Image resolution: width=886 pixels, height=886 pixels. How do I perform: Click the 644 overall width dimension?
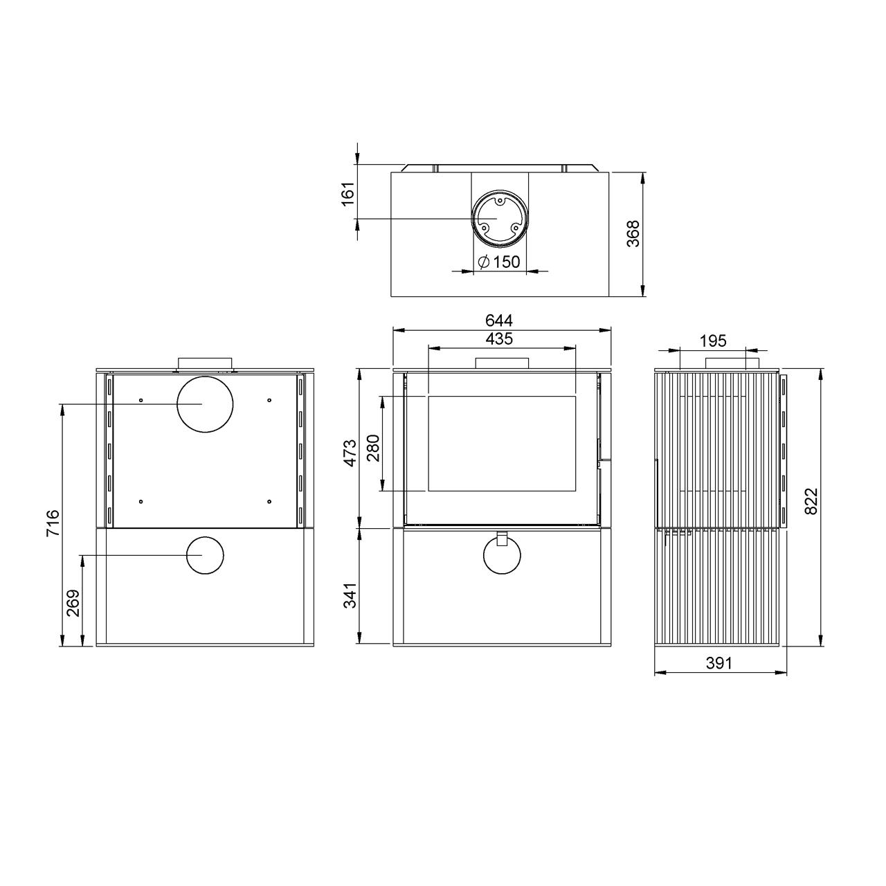click(x=499, y=320)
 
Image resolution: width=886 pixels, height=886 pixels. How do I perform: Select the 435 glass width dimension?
click(x=499, y=339)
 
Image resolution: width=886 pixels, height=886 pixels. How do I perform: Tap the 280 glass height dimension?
click(x=373, y=448)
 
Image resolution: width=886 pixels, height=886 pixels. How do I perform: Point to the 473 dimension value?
click(x=350, y=453)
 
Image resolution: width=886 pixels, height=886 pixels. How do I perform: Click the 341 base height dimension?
click(x=350, y=595)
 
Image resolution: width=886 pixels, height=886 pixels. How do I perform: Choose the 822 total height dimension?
click(x=813, y=501)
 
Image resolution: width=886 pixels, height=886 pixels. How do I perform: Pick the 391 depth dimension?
click(x=718, y=663)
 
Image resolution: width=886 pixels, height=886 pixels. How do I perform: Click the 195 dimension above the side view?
click(x=713, y=341)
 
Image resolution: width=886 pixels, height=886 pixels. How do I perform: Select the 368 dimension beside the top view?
click(x=633, y=233)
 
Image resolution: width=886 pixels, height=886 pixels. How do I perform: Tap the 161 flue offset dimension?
click(x=348, y=195)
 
